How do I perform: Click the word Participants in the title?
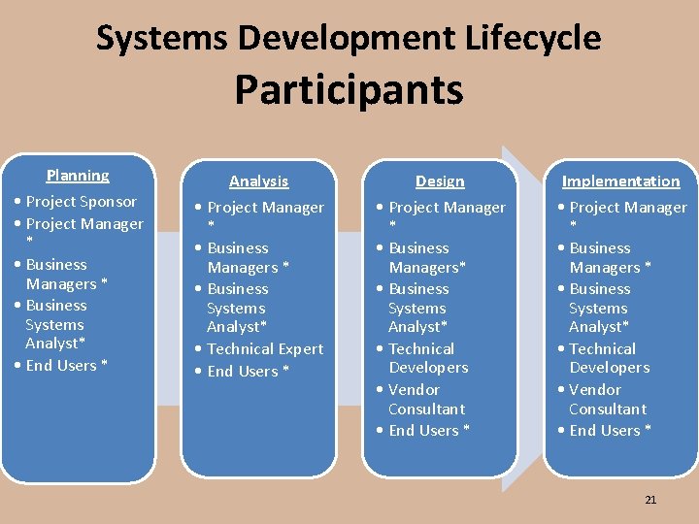(x=349, y=90)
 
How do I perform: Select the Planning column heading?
(x=78, y=176)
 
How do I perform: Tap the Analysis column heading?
(x=258, y=180)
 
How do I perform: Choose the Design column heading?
(x=440, y=180)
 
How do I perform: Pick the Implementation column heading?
(x=620, y=180)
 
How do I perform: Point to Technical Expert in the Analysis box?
(x=265, y=349)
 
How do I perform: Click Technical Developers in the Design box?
(x=427, y=358)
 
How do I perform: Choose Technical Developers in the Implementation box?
(x=609, y=358)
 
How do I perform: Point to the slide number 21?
(x=650, y=500)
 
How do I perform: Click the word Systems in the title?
(x=162, y=39)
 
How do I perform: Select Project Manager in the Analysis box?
(x=265, y=208)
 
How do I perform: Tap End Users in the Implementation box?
(x=610, y=431)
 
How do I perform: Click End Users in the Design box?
(x=428, y=431)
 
